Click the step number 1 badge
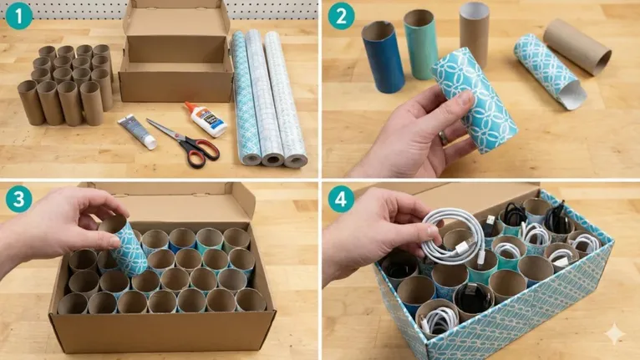(x=18, y=16)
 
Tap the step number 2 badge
(x=341, y=16)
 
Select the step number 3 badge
(x=18, y=199)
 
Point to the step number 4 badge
(x=341, y=199)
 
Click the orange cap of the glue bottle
(x=190, y=107)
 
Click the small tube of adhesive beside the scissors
(x=137, y=131)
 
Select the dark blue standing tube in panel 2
(x=383, y=56)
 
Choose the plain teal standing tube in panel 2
(x=420, y=44)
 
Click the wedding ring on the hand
(x=444, y=138)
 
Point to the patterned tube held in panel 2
(x=475, y=99)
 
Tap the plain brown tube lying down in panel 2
(x=577, y=47)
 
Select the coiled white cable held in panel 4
(x=454, y=237)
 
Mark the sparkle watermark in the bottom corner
(x=614, y=334)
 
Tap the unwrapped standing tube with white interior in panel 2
(x=474, y=33)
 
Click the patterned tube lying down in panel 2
(x=549, y=72)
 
